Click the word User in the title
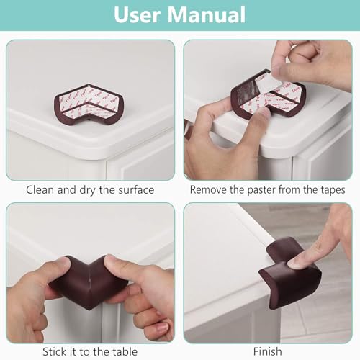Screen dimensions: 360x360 click(x=141, y=15)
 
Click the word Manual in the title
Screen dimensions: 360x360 click(x=208, y=15)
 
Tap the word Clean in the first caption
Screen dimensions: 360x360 click(x=40, y=190)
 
